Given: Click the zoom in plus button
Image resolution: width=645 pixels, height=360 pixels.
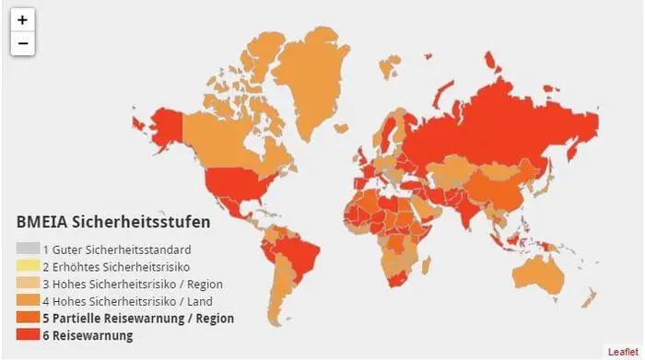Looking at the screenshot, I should (22, 19).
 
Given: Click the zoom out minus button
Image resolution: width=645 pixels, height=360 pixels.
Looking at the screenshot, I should (22, 43).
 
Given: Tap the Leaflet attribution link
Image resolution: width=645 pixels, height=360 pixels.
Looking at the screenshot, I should (621, 352).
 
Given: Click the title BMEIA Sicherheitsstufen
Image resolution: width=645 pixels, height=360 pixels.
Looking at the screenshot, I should (113, 222).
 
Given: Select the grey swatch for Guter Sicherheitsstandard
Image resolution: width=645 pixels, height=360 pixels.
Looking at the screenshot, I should (28, 250).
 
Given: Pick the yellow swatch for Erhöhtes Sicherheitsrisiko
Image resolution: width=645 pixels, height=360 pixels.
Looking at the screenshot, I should (28, 267).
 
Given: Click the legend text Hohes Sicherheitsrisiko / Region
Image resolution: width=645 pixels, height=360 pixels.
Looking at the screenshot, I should (137, 284).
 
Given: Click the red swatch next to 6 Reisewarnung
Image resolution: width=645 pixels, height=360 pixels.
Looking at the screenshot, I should (28, 336).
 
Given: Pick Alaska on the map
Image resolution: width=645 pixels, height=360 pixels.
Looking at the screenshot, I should (167, 125).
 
